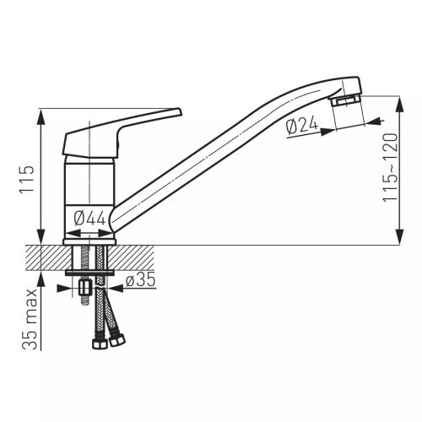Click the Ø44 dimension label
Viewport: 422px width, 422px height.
pos(89,219)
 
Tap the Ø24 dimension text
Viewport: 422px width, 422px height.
pos(302,126)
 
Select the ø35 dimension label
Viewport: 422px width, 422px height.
pos(140,279)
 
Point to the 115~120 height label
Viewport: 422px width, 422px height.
pos(391,167)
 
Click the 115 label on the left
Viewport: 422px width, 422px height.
pos(26,179)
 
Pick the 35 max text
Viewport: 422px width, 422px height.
pos(30,319)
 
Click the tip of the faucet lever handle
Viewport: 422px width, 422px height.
pos(180,111)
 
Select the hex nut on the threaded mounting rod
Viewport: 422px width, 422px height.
pos(84,288)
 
